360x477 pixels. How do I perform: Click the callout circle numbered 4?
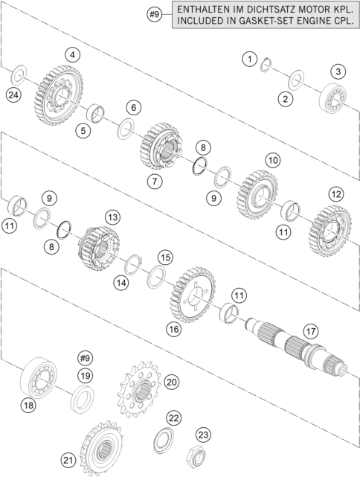72,55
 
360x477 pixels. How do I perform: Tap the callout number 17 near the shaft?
311,331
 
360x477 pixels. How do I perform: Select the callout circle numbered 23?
203,435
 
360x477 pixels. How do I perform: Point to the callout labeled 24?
13,95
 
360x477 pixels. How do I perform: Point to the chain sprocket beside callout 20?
139,389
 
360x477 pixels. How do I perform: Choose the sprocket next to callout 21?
101,449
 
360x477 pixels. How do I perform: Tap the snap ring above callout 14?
133,264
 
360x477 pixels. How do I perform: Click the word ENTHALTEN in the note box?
203,9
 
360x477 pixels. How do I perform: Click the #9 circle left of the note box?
155,14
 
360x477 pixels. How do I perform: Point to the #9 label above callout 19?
85,359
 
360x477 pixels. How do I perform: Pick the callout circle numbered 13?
112,217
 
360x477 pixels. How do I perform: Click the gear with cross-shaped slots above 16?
193,295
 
